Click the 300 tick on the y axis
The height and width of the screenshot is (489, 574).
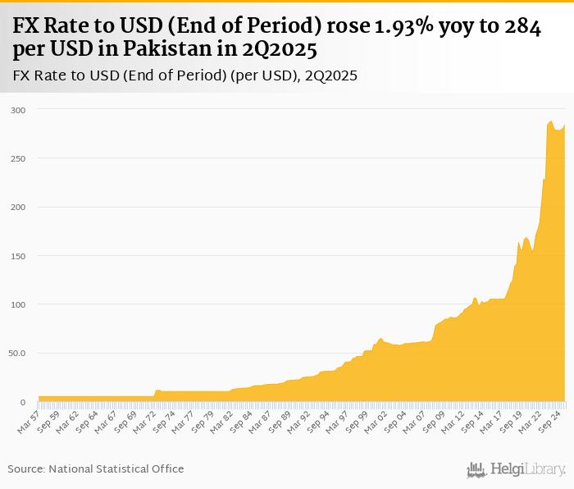click(x=18, y=110)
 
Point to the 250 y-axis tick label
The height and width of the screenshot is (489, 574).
click(x=18, y=158)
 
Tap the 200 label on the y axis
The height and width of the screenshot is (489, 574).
click(x=18, y=208)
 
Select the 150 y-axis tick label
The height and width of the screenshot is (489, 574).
click(x=18, y=256)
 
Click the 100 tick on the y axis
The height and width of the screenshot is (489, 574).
click(x=18, y=304)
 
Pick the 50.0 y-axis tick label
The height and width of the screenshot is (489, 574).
click(x=17, y=354)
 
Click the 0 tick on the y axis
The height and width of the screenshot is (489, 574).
click(x=23, y=402)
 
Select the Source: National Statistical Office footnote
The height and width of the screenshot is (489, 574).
click(x=96, y=468)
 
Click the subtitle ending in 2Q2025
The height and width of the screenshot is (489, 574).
click(x=185, y=76)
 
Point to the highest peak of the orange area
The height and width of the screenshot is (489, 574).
click(x=550, y=121)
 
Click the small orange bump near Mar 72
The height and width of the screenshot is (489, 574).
click(x=157, y=391)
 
